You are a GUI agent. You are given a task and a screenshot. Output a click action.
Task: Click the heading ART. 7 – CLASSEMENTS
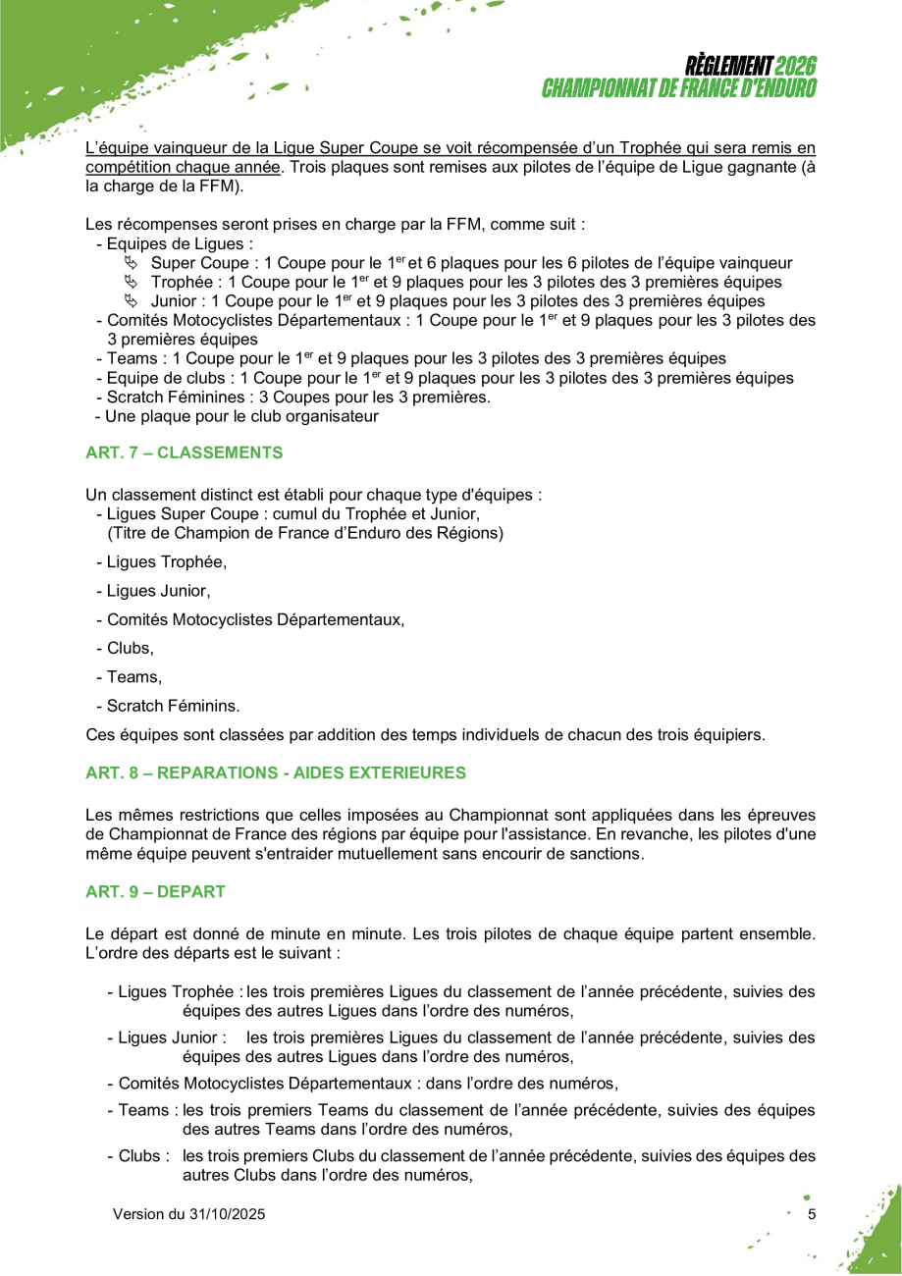[185, 452]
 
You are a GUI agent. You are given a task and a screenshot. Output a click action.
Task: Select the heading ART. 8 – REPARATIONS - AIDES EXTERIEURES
[276, 772]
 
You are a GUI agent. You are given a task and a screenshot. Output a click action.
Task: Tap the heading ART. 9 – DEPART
[155, 891]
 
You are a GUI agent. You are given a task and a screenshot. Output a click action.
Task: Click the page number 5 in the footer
[812, 1214]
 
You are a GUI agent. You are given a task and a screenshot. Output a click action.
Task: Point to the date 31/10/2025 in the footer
[226, 1214]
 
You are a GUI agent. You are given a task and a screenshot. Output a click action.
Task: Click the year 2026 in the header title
[795, 67]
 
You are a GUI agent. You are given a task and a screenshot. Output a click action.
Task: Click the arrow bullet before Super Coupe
[132, 263]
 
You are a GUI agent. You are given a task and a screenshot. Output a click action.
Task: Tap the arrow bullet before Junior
[132, 301]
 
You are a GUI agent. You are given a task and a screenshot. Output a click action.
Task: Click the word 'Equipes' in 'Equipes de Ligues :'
[134, 244]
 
